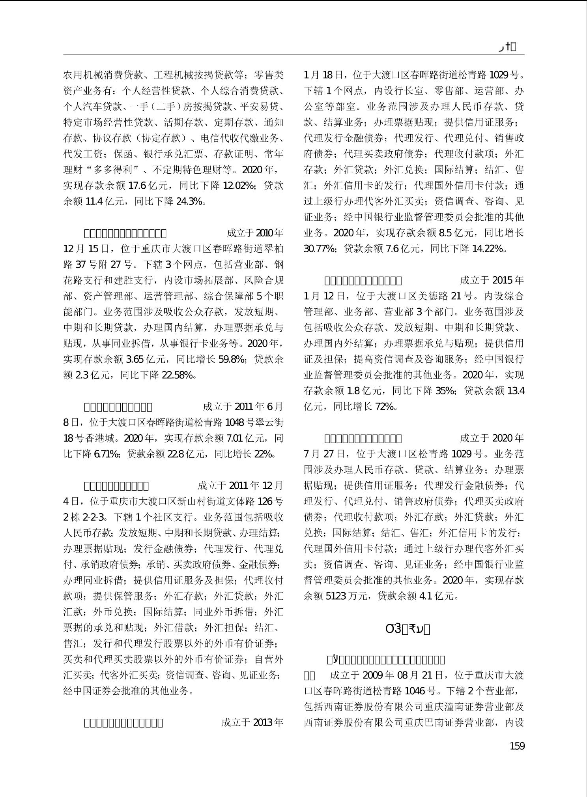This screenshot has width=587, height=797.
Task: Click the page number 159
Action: [x=517, y=746]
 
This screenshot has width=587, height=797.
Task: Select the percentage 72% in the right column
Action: [x=384, y=407]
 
